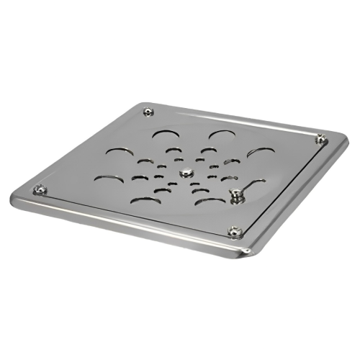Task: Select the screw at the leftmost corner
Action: click(x=40, y=189)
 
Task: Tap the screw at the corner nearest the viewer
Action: click(x=234, y=230)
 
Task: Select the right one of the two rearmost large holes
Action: click(x=222, y=135)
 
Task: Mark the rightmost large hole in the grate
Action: click(x=259, y=153)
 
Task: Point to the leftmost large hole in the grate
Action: click(x=117, y=152)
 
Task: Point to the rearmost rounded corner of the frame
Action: click(x=141, y=104)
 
